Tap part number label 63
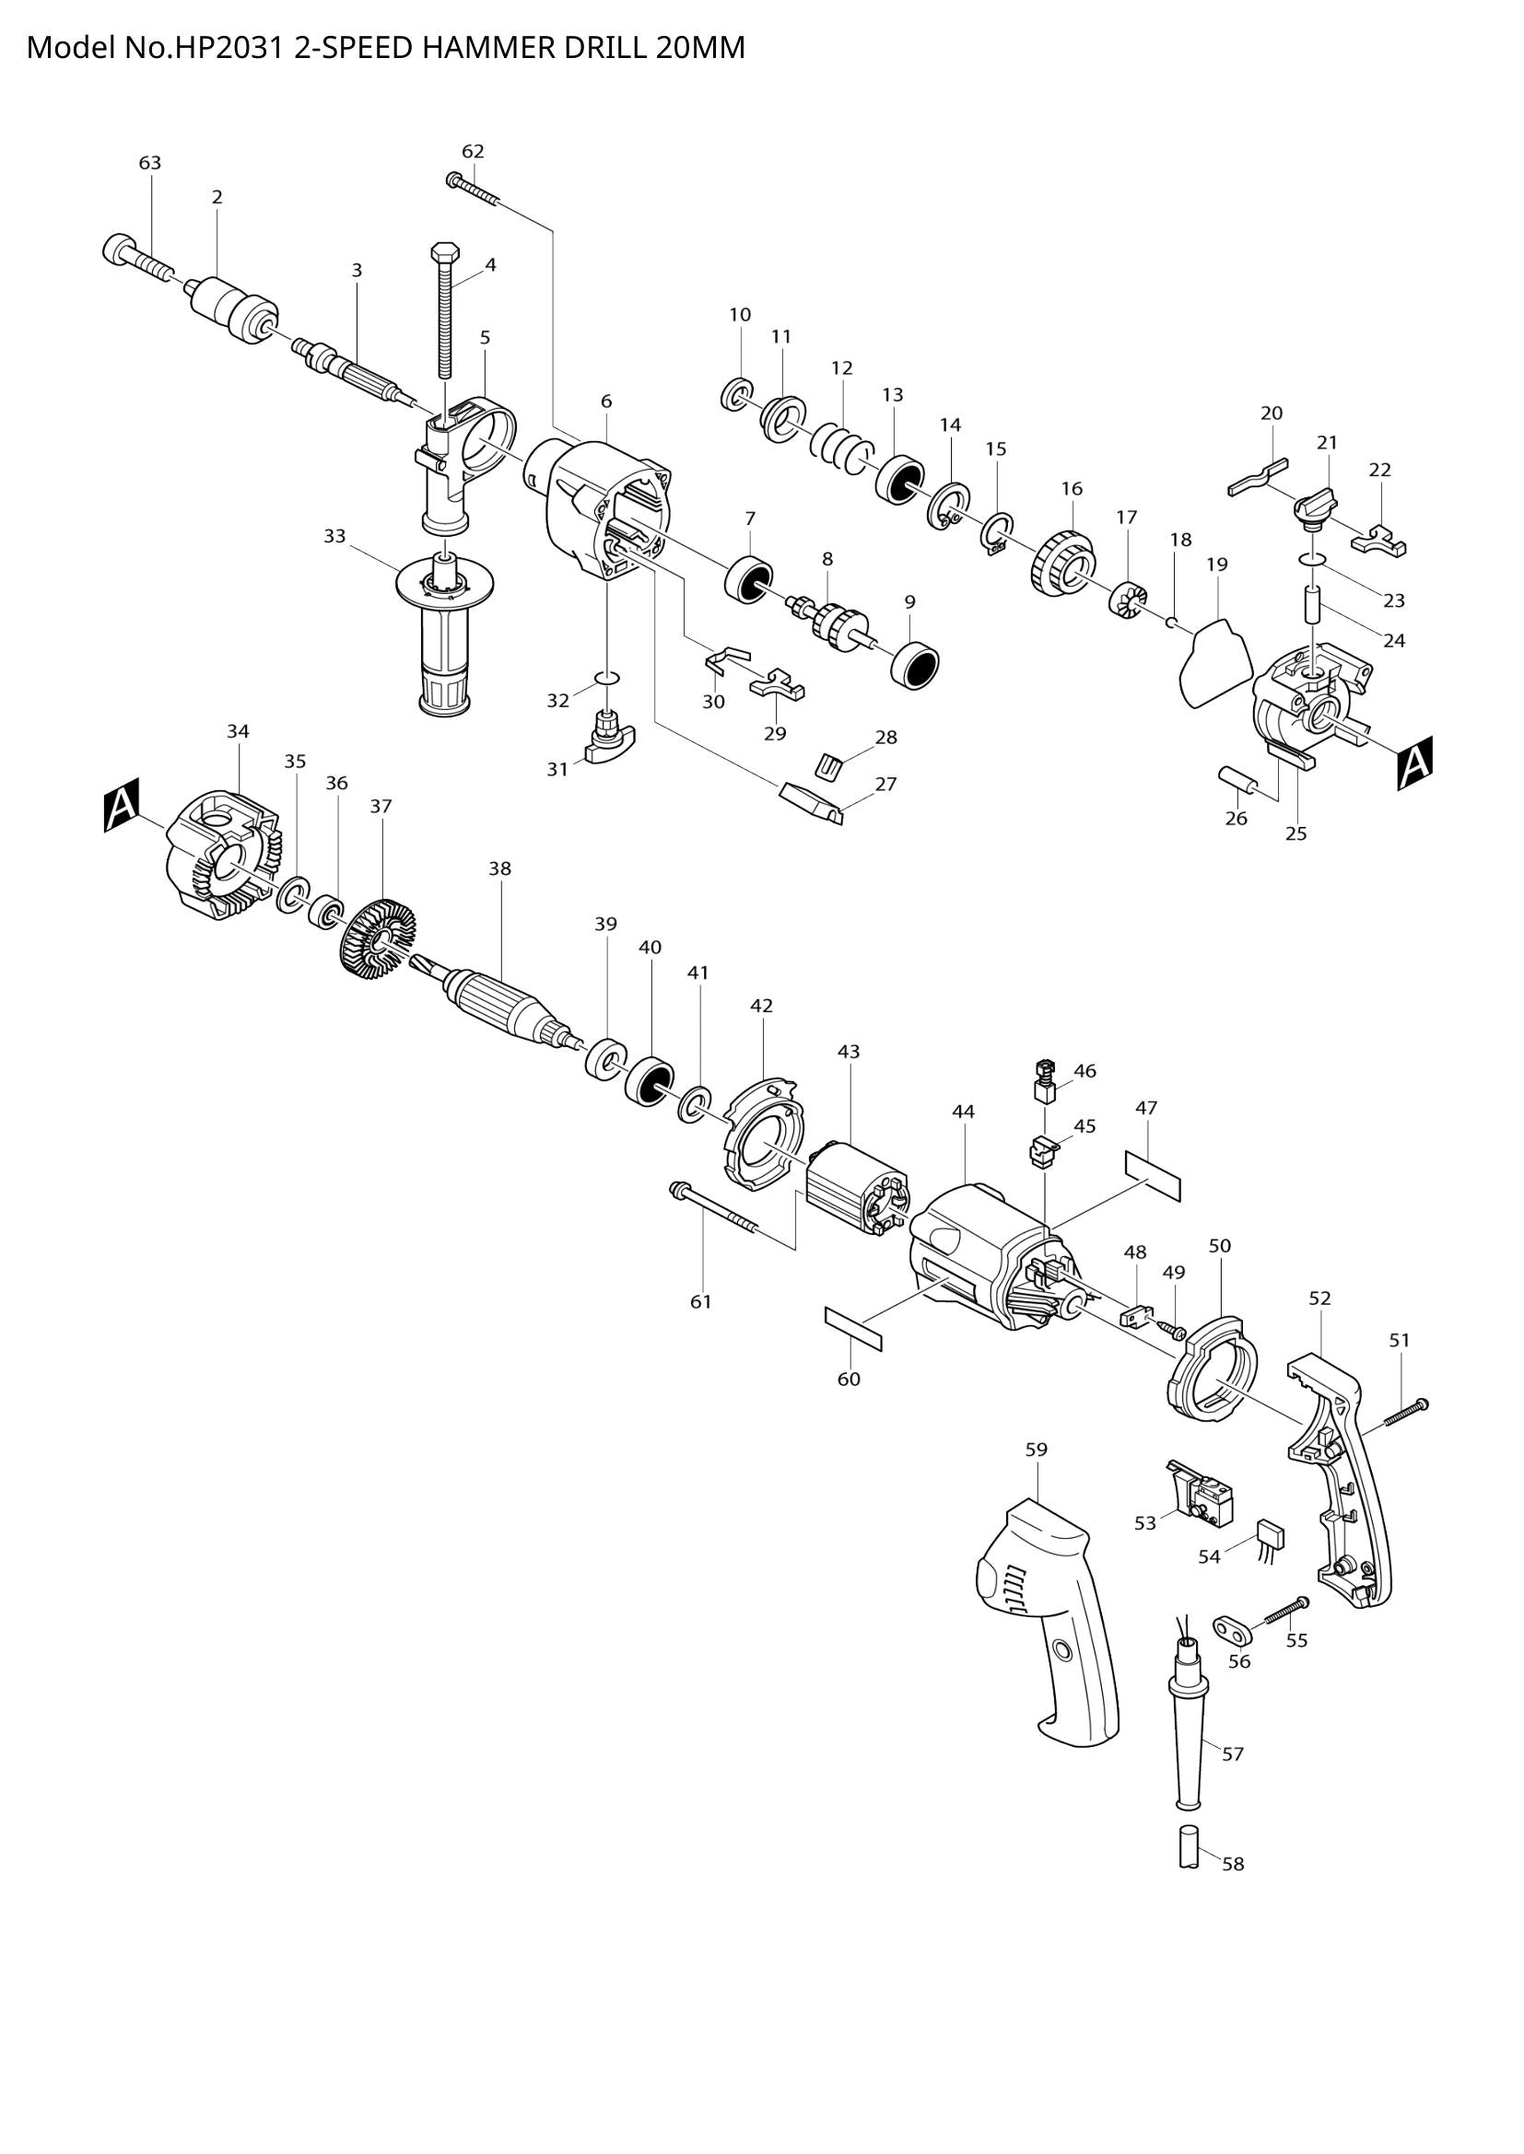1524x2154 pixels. [x=150, y=163]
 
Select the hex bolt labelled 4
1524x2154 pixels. [x=443, y=319]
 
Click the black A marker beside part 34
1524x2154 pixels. [x=121, y=805]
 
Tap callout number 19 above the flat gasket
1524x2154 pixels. [x=1217, y=565]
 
